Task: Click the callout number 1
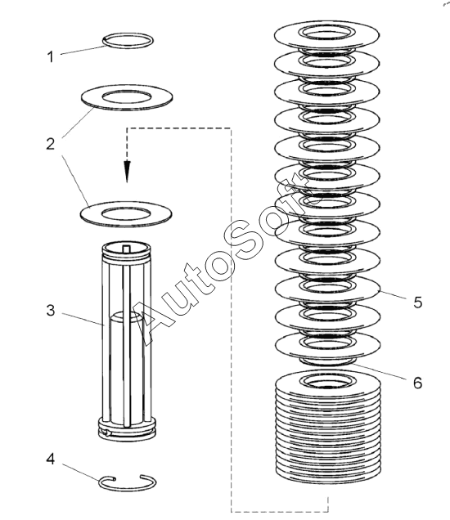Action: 51,56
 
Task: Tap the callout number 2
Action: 51,144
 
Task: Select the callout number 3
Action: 51,311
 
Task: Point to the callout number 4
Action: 51,459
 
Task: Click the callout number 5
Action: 418,303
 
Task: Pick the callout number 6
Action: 418,383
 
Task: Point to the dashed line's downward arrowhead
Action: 127,172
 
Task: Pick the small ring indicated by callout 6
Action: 327,363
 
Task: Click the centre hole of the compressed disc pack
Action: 327,381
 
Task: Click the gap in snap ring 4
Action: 128,477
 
